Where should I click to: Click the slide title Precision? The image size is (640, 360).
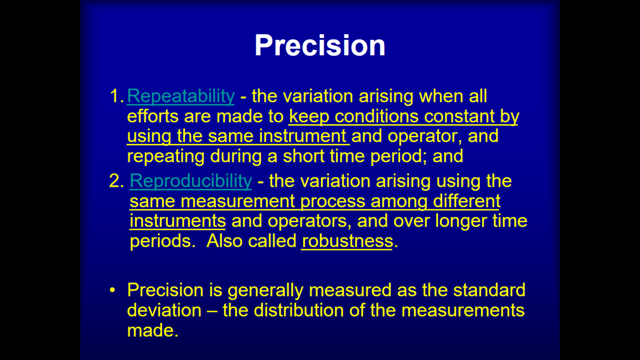(320, 46)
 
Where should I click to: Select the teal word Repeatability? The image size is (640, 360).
(180, 96)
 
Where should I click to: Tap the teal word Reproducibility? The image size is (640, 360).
(190, 181)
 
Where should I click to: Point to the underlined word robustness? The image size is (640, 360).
(347, 241)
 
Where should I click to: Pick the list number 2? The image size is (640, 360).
(116, 181)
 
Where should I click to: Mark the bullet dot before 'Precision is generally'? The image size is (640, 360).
(112, 290)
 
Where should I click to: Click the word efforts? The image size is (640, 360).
(153, 116)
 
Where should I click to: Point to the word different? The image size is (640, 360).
(467, 201)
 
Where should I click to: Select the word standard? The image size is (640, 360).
(489, 290)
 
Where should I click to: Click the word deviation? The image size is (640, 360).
(164, 310)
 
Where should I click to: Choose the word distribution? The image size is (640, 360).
(298, 310)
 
